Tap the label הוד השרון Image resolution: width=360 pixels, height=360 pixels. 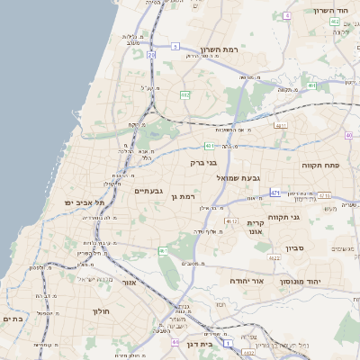tap(331, 10)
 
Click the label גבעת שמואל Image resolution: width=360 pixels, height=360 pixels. tap(238, 178)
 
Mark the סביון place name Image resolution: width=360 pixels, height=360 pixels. tap(297, 248)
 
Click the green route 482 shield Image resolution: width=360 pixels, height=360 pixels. tap(184, 94)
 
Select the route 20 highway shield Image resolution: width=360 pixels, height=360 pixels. tap(152, 56)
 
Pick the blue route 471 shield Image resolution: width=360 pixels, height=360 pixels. tap(274, 193)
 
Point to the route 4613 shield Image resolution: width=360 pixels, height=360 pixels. tap(231, 220)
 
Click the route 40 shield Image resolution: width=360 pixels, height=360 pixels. tap(349, 135)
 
